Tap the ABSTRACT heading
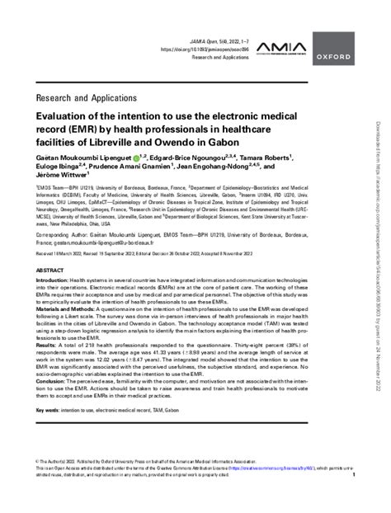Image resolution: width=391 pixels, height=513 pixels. [x=50, y=270]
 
